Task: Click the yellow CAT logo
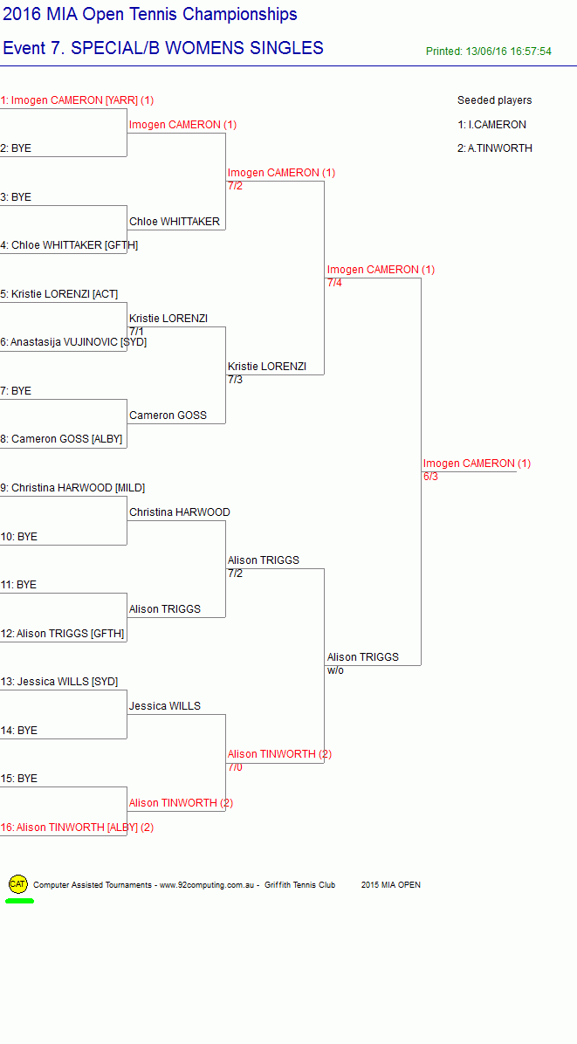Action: point(18,884)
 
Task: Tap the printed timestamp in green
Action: point(489,52)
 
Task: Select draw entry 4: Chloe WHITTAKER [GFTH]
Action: point(69,245)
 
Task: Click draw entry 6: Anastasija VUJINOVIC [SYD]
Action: point(73,342)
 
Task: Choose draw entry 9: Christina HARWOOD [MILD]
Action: point(72,488)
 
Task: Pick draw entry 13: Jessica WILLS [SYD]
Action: point(59,682)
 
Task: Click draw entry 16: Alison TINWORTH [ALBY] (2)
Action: point(77,828)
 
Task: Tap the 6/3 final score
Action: point(430,477)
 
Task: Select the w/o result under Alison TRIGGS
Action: point(335,670)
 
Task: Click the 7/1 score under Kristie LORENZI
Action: point(136,331)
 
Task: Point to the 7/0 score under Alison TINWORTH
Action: point(235,767)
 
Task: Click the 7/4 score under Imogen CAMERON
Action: point(334,283)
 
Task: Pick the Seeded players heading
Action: point(494,100)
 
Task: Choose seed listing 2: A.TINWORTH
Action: point(494,148)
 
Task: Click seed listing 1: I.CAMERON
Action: point(491,125)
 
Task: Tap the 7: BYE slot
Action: point(16,391)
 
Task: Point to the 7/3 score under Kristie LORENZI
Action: point(235,380)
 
